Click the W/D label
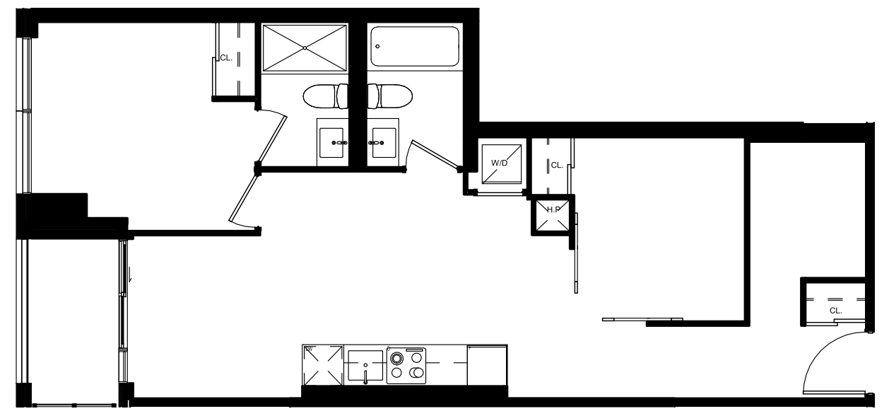[500, 163]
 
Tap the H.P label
[553, 209]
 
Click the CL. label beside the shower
[226, 57]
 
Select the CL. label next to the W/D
[557, 165]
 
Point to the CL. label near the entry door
[835, 311]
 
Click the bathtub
[415, 47]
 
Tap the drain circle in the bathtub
[377, 47]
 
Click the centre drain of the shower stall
[305, 48]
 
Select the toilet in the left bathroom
[326, 96]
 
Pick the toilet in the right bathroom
[390, 96]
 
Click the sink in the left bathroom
[332, 143]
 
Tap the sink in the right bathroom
[384, 143]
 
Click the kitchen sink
[365, 365]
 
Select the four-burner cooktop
[406, 366]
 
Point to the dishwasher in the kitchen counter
[323, 365]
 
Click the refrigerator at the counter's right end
[487, 365]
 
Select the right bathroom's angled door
[435, 155]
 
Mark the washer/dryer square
[502, 164]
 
